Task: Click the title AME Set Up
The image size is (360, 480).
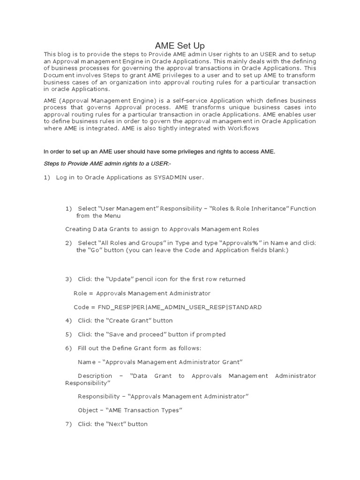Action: coord(180,45)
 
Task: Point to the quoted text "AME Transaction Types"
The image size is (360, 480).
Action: coord(144,410)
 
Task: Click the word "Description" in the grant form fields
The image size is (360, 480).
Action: coord(95,375)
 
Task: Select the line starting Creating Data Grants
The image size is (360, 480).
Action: coord(162,229)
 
